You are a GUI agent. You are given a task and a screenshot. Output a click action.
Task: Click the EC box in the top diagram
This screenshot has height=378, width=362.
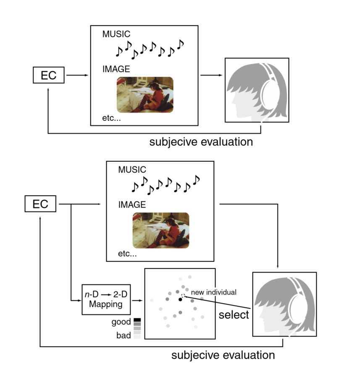[49, 76]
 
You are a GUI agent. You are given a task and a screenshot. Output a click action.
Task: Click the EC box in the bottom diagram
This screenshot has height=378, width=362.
[41, 204]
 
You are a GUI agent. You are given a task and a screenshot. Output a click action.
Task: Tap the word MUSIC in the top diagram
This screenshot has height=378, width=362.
[116, 34]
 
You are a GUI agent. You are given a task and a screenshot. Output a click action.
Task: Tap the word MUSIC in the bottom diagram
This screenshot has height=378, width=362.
[132, 170]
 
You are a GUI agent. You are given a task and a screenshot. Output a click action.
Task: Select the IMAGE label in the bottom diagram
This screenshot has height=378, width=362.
[131, 205]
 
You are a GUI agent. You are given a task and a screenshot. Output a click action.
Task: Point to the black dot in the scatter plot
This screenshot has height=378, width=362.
[180, 299]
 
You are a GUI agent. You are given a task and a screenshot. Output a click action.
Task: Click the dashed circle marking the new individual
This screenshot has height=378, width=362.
[184, 296]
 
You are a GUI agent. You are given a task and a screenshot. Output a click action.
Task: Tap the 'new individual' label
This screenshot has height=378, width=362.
[213, 292]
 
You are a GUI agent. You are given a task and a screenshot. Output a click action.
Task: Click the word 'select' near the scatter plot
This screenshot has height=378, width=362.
[234, 315]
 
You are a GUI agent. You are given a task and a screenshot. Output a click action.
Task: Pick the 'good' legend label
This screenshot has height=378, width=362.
[121, 322]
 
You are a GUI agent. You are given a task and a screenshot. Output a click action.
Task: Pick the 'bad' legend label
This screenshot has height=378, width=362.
[124, 335]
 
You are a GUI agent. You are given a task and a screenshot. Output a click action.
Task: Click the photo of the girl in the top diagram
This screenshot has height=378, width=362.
[144, 94]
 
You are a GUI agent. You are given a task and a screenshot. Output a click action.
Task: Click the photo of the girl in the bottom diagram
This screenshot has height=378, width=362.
[161, 230]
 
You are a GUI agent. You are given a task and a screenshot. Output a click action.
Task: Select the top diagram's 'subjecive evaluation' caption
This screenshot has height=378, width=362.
[201, 142]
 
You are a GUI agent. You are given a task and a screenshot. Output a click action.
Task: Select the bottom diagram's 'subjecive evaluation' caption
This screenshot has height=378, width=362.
[223, 355]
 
